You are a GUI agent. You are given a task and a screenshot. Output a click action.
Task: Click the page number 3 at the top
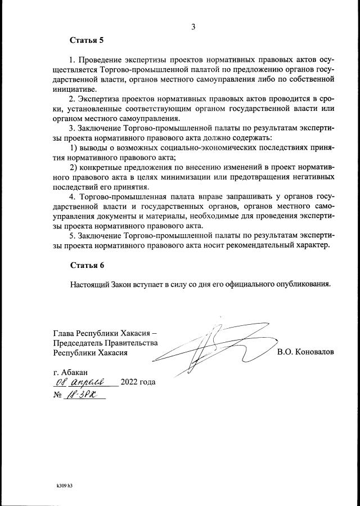pyautogui.click(x=193, y=26)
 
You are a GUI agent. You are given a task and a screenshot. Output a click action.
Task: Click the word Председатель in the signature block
pyautogui.click(x=85, y=342)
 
